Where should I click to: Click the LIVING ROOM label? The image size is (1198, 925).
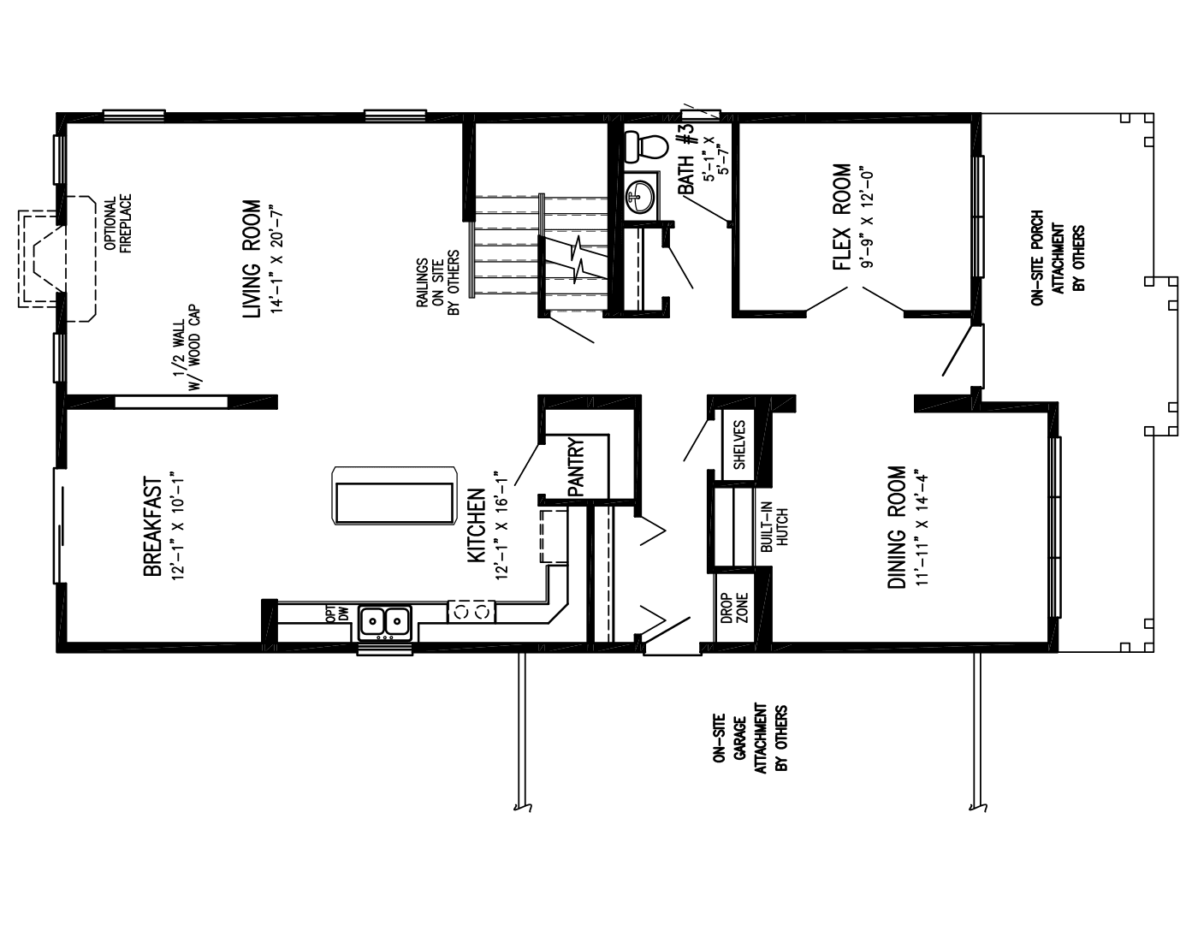point(251,259)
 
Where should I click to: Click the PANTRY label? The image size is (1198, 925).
point(575,467)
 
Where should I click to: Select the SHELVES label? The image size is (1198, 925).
point(739,445)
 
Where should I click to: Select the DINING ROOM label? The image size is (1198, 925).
point(896,527)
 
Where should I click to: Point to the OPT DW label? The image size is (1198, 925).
point(338,613)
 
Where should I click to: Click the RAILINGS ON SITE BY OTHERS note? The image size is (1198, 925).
point(438,283)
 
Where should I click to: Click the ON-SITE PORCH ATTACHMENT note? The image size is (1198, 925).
point(1058,264)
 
